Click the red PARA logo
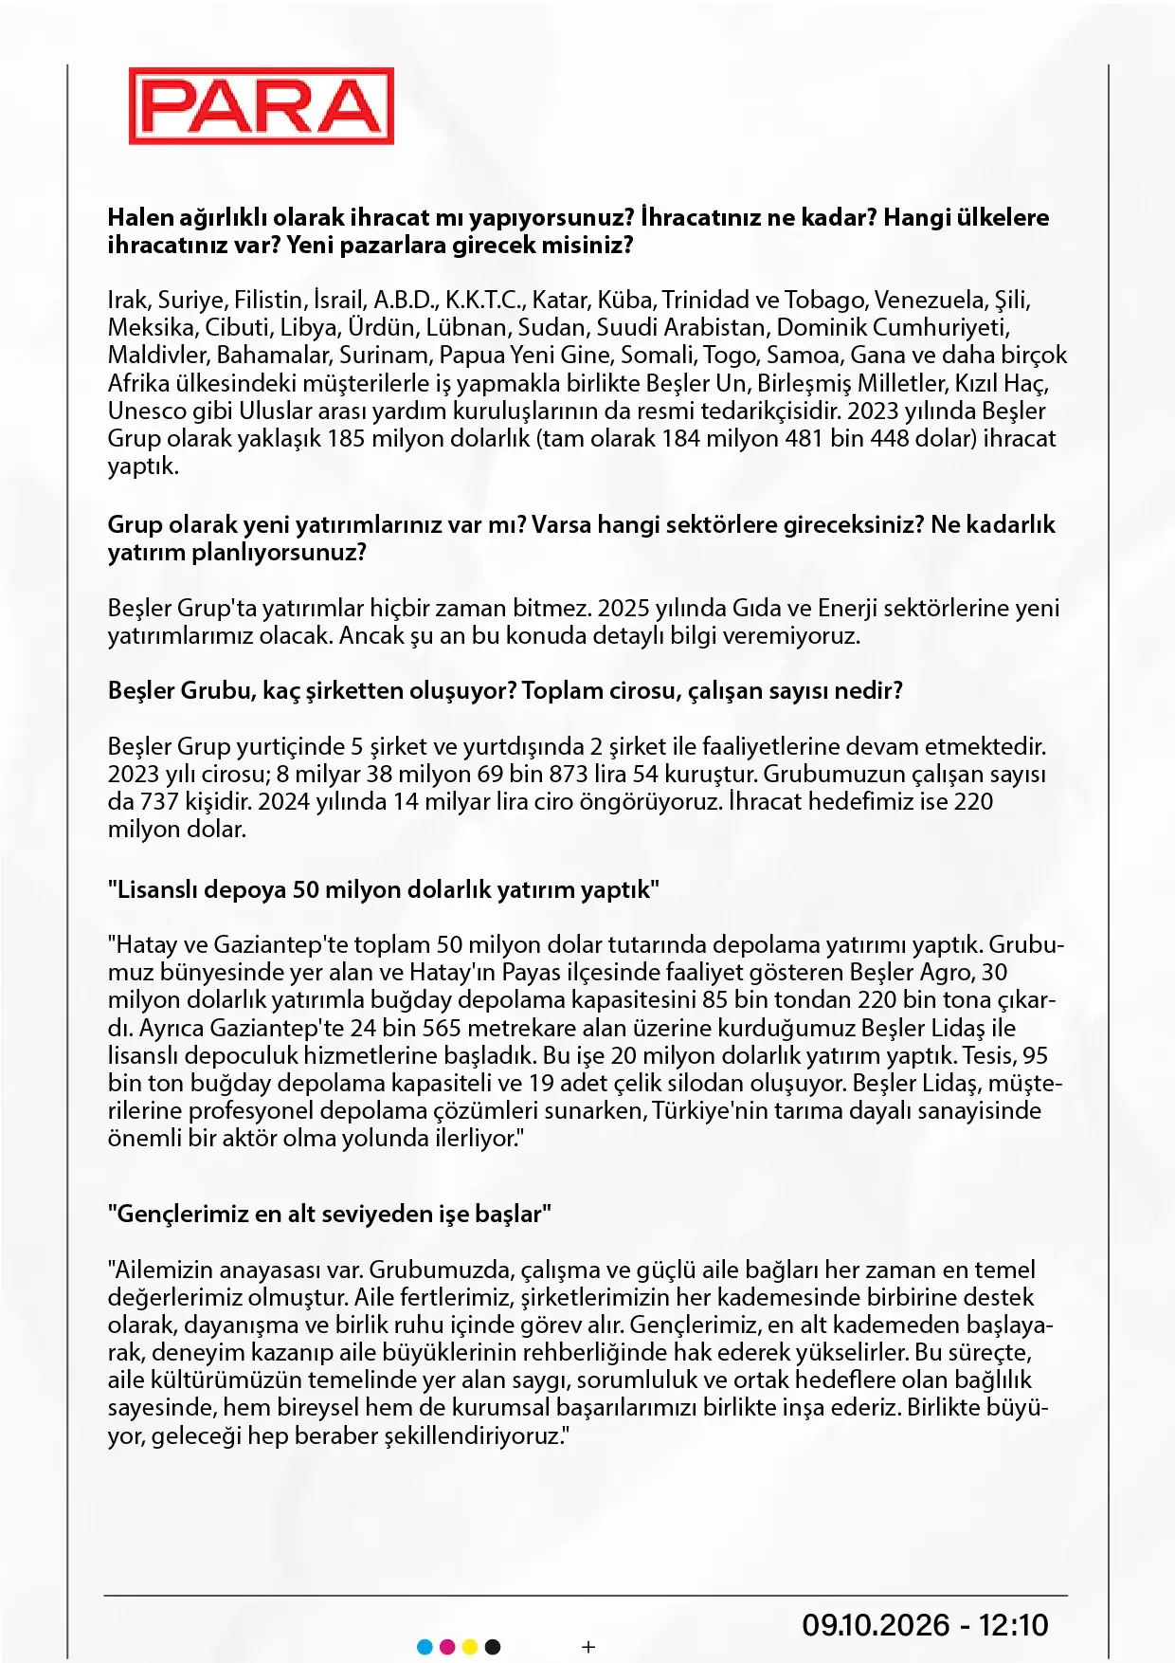(262, 106)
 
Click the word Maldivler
(157, 356)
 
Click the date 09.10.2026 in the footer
(876, 1625)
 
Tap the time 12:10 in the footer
(1014, 1625)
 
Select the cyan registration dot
(425, 1647)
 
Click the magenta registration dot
(447, 1647)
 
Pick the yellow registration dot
(470, 1647)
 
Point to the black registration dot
(493, 1647)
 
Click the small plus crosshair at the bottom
(588, 1647)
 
